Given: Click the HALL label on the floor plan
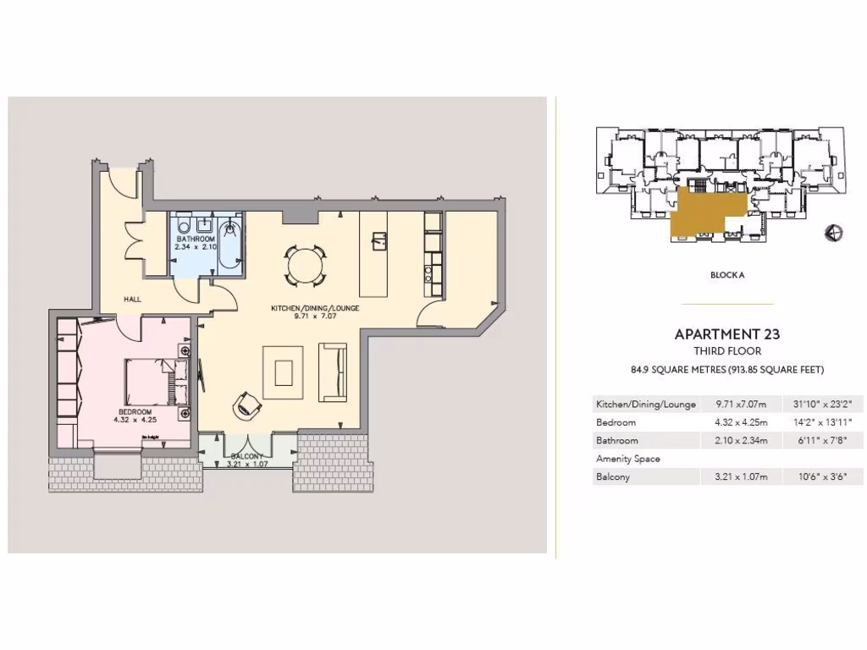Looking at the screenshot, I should click(x=132, y=300).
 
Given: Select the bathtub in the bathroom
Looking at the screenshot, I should click(x=230, y=245).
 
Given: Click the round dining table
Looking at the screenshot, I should click(x=304, y=266).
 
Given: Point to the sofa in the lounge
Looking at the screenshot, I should click(x=333, y=372).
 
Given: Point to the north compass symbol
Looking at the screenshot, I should click(x=833, y=234).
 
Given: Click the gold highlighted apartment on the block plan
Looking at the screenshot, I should click(x=703, y=212).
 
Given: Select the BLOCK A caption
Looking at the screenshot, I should click(x=728, y=275).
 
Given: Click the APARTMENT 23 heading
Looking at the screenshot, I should click(x=727, y=333).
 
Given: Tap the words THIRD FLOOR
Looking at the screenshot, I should click(x=727, y=350).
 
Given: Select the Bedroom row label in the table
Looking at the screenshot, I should click(x=616, y=422).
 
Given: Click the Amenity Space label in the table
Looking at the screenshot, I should click(x=628, y=459).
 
